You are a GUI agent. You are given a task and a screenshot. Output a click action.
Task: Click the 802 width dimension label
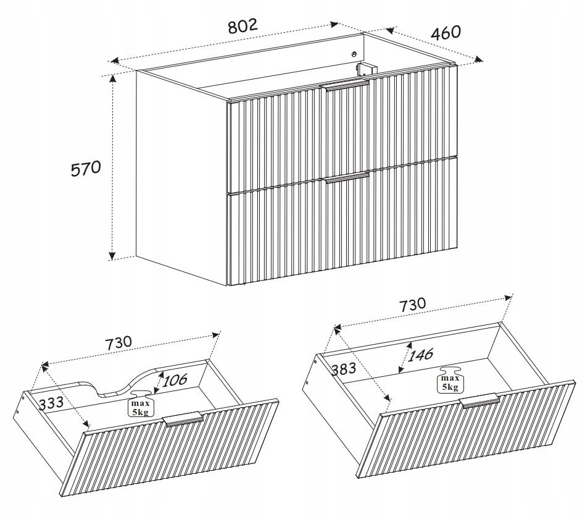pos(243,26)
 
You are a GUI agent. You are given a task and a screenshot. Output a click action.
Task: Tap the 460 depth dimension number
pos(446,33)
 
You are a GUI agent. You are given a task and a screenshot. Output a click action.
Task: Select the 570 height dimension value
pos(86,169)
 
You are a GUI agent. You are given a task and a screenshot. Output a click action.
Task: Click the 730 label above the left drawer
pos(118,343)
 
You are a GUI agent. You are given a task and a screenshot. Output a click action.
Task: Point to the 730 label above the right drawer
pos(412,305)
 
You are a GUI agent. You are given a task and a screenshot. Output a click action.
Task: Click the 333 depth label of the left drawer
pos(51,403)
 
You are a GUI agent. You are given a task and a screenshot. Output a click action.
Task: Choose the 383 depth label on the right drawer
pos(344,369)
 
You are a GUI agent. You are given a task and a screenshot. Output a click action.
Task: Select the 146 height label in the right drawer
pos(420,355)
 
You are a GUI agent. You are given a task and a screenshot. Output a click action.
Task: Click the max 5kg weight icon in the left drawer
pos(140,404)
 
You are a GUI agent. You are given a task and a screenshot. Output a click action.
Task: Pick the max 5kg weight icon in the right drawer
pos(450,380)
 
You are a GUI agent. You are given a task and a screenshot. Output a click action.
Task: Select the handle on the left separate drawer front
pos(183,419)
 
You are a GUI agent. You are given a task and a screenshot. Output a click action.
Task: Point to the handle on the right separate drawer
pos(479,400)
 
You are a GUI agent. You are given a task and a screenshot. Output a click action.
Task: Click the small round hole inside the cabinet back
pos(354,54)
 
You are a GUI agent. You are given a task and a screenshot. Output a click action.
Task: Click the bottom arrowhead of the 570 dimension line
pos(112,256)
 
